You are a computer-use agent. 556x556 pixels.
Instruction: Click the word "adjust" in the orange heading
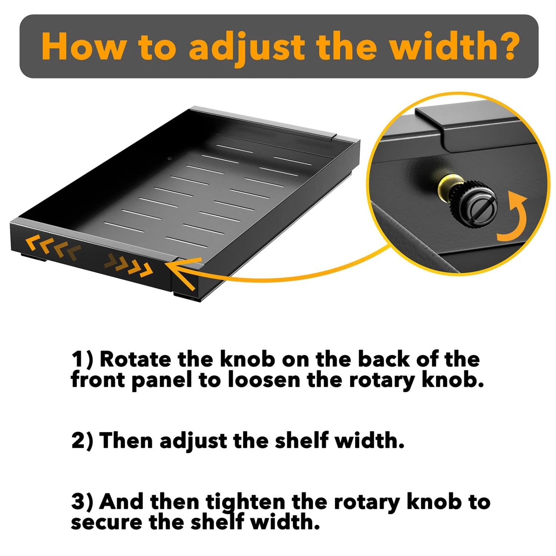[x=247, y=47]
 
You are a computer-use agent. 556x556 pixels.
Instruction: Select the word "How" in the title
[x=84, y=46]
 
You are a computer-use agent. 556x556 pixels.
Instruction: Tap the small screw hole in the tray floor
[x=169, y=159]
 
